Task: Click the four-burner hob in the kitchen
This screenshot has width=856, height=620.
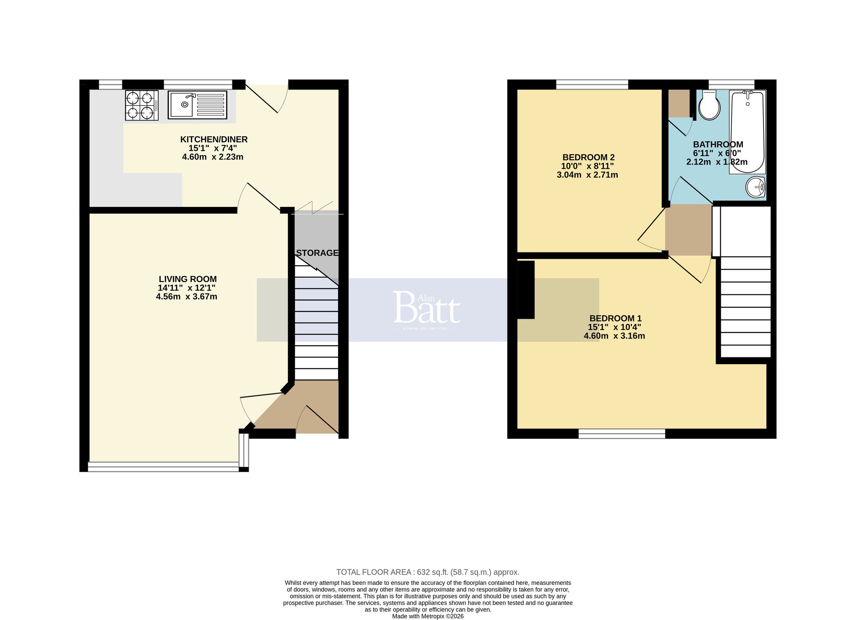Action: [142, 105]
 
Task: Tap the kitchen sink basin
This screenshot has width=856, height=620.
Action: [181, 105]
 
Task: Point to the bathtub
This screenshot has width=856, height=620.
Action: [747, 133]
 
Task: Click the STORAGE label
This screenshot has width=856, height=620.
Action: [317, 253]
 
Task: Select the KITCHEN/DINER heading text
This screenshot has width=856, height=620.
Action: [214, 139]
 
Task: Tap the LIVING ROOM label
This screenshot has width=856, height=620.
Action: [187, 279]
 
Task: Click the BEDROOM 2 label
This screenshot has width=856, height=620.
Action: [588, 157]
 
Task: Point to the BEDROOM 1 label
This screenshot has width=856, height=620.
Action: [615, 318]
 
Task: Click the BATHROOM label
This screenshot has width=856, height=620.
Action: [718, 144]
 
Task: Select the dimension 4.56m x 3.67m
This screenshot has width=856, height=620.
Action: [187, 297]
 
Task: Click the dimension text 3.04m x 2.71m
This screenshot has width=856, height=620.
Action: [587, 175]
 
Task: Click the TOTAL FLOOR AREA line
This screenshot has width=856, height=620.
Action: [428, 572]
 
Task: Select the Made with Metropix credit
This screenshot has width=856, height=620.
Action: [428, 616]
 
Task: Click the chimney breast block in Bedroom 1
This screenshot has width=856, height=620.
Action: [526, 290]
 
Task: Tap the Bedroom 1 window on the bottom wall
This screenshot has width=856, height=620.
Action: [621, 434]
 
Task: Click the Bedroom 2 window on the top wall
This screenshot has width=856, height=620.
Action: [591, 84]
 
